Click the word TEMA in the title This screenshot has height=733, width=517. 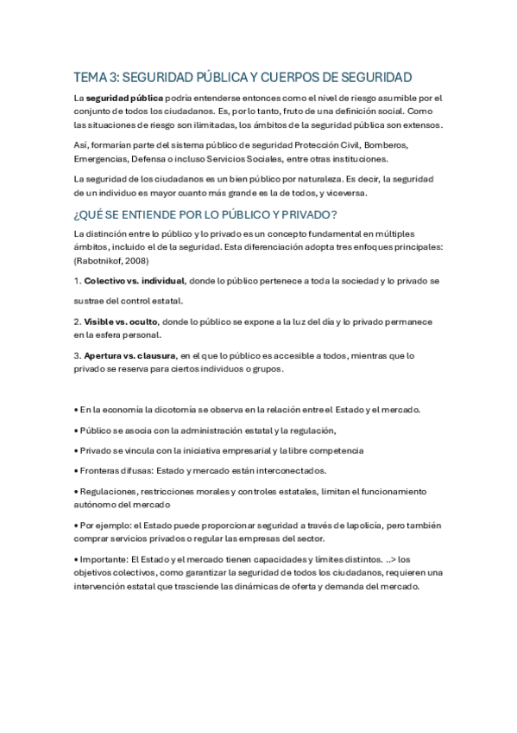coord(89,77)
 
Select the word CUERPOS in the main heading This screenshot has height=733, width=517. coord(297,77)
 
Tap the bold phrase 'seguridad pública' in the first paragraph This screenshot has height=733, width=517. coord(123,99)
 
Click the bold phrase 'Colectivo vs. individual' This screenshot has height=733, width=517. coord(134,282)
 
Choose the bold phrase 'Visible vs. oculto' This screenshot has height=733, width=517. coord(121,321)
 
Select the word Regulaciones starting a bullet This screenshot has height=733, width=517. coord(107,491)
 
